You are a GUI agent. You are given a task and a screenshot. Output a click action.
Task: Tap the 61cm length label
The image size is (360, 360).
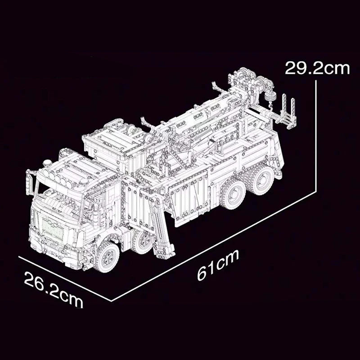[x=218, y=265]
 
